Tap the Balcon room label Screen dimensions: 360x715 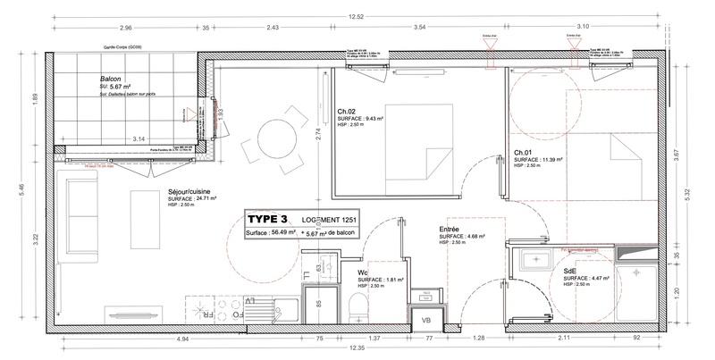pos(111,79)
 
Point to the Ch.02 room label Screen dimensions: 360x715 pos(347,112)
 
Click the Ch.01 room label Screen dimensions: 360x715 pos(523,153)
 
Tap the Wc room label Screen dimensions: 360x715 pos(363,272)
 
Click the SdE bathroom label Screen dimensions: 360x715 pos(570,271)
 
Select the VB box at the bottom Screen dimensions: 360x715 pos(425,317)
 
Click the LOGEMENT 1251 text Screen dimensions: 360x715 pos(336,219)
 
